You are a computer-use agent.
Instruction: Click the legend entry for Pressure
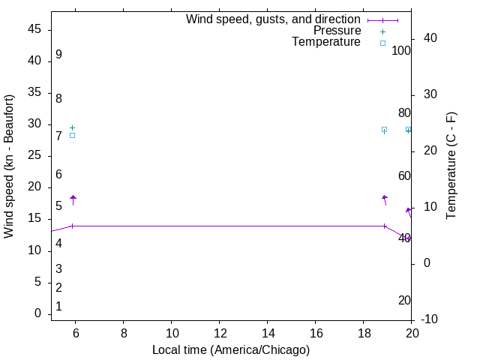click(337, 31)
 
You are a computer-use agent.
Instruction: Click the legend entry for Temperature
click(326, 42)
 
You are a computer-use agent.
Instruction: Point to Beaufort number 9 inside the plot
click(58, 55)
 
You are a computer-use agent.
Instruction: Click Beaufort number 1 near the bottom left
click(58, 307)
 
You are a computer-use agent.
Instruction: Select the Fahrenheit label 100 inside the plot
click(402, 51)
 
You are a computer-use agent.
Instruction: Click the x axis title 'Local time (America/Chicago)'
click(231, 349)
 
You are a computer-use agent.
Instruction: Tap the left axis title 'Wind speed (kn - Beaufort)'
click(9, 166)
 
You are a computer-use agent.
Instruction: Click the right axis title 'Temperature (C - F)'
click(451, 166)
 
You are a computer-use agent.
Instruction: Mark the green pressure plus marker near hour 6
click(72, 127)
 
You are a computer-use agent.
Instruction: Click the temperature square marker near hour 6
click(72, 135)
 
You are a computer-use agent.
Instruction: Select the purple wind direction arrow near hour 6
click(73, 199)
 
